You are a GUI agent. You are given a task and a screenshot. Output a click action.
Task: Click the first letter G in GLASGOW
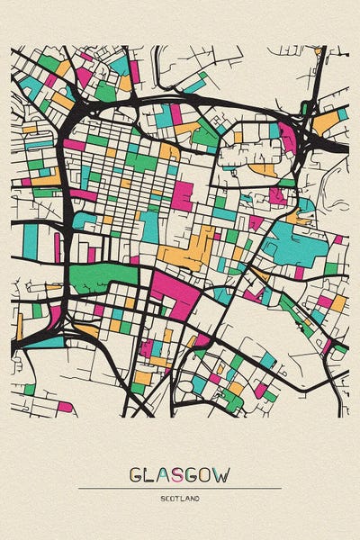[x=137, y=474]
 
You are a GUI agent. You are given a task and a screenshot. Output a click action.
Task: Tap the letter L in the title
[x=151, y=474]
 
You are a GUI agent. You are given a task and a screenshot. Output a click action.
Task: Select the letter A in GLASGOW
[x=165, y=474]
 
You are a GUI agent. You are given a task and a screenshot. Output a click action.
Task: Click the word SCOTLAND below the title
[x=180, y=498]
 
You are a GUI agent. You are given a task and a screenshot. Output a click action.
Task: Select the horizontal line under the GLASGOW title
[x=180, y=489]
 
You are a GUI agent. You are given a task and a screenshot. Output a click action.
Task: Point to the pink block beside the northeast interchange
[x=287, y=137]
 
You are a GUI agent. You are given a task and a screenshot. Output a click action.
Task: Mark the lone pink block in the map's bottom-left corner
[x=64, y=407]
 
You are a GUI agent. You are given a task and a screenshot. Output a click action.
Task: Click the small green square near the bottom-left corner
[x=30, y=389]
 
